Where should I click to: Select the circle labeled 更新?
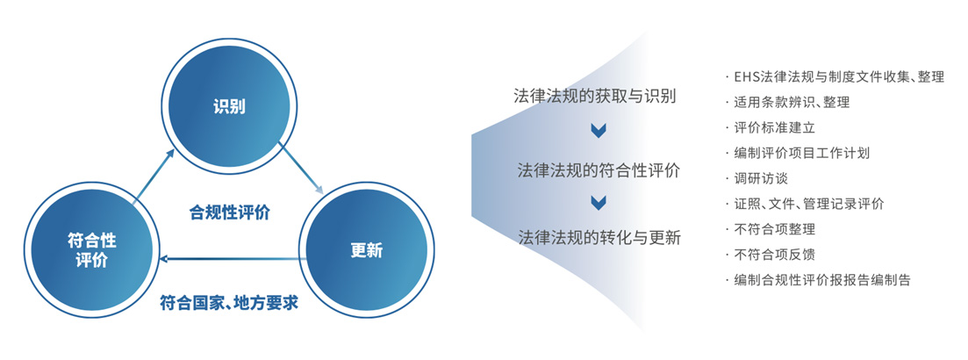pyautogui.click(x=367, y=251)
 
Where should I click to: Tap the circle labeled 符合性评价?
pyautogui.click(x=91, y=251)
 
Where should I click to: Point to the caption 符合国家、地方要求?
pyautogui.click(x=229, y=303)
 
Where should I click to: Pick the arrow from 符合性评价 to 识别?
pyautogui.click(x=154, y=172)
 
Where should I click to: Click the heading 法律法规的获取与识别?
pyautogui.click(x=595, y=97)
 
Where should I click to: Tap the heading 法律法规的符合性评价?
pyautogui.click(x=599, y=170)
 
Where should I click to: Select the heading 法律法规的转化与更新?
pyautogui.click(x=599, y=237)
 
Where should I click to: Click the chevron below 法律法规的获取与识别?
pyautogui.click(x=599, y=130)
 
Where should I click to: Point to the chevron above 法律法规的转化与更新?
pyautogui.click(x=599, y=203)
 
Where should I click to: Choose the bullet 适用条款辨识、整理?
pyautogui.click(x=788, y=103)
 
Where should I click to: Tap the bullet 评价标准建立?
pyautogui.click(x=771, y=128)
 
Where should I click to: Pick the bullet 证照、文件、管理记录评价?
pyautogui.click(x=805, y=204)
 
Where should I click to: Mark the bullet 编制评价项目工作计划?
pyautogui.click(x=798, y=153)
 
